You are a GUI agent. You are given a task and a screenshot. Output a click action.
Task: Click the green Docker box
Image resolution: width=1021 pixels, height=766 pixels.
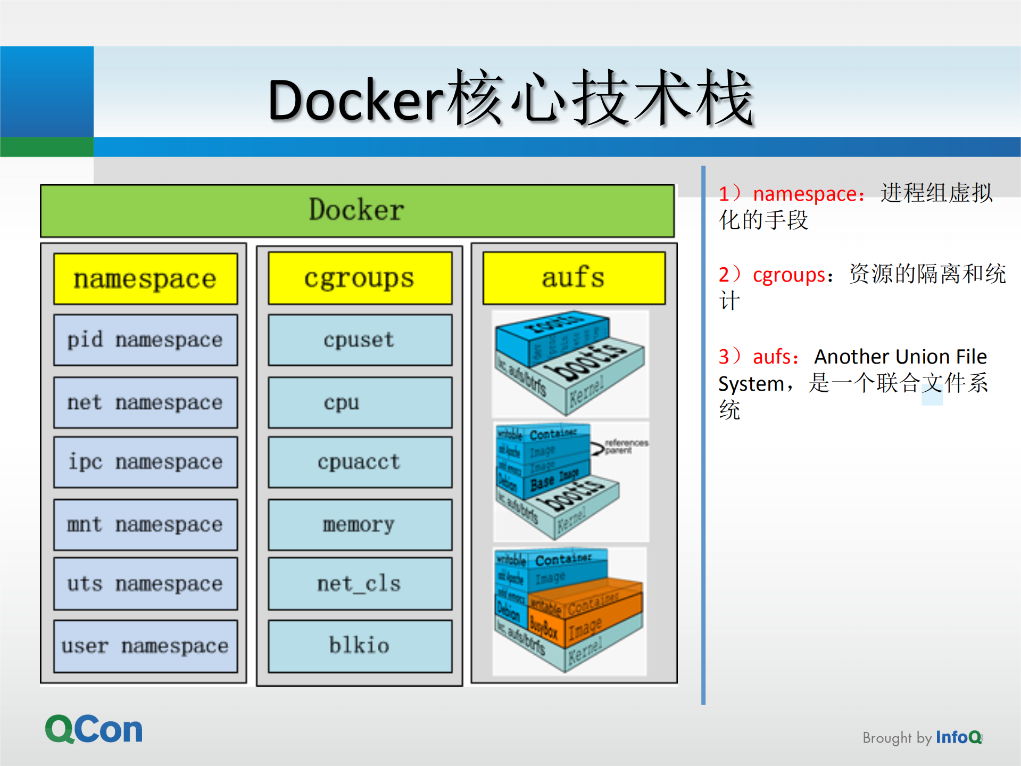(x=357, y=211)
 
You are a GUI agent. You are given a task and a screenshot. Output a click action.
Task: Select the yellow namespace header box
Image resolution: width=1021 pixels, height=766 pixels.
(x=145, y=279)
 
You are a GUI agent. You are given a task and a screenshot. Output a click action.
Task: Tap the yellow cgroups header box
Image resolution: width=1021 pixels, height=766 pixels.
(x=360, y=278)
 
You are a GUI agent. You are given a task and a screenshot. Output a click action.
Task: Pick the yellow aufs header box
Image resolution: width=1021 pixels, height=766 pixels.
(x=574, y=278)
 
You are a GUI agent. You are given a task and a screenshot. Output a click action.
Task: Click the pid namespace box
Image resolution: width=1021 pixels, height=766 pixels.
(x=145, y=340)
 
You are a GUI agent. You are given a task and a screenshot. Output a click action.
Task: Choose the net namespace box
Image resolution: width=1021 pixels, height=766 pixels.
(x=145, y=402)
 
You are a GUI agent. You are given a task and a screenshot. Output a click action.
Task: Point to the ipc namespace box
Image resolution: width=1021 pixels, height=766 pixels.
(x=145, y=462)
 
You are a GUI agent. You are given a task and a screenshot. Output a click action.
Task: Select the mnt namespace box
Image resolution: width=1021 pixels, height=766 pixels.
(x=145, y=525)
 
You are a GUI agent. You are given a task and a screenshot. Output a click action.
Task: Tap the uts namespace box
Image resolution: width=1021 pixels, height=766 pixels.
(x=145, y=584)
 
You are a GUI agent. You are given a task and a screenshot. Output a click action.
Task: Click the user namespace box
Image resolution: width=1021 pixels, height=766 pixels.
(x=145, y=646)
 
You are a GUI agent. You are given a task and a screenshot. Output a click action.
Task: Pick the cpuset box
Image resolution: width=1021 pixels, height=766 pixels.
(x=360, y=340)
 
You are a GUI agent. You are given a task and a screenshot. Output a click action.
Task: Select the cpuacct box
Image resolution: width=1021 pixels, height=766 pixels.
(x=360, y=462)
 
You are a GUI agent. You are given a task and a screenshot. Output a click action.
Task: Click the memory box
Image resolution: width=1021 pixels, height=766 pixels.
(x=360, y=525)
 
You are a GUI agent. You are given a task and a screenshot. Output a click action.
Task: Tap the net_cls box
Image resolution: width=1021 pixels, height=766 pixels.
(x=360, y=584)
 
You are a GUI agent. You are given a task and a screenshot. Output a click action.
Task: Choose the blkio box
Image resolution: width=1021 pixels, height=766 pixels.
(x=360, y=646)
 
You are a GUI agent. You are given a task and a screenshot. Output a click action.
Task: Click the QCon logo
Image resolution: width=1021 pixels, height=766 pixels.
(x=94, y=729)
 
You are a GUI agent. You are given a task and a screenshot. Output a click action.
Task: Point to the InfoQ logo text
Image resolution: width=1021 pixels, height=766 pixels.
(x=958, y=737)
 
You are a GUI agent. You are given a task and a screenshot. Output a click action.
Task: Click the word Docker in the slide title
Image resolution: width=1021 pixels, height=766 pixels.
(x=355, y=100)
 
